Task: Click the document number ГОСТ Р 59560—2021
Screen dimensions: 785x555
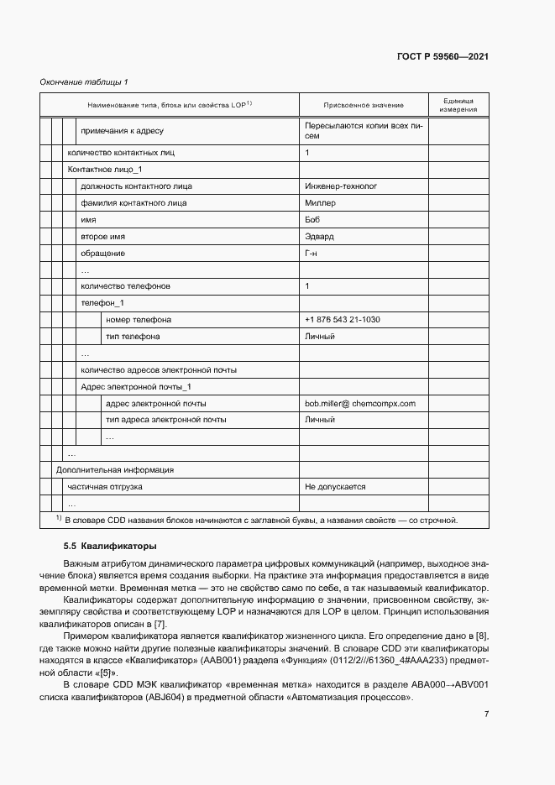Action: (x=442, y=56)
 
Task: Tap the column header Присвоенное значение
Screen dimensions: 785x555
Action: (x=363, y=105)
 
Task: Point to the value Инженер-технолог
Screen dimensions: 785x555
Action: (x=342, y=186)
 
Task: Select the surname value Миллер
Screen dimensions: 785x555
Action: (x=320, y=203)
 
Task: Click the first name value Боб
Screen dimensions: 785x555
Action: (x=313, y=220)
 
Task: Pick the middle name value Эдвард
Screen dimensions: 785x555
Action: (x=320, y=237)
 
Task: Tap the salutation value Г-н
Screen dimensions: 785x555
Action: (x=312, y=254)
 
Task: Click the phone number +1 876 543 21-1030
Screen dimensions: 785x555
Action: (x=343, y=320)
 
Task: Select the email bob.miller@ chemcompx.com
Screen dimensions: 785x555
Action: (x=360, y=404)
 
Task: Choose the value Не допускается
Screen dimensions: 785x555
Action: (x=335, y=487)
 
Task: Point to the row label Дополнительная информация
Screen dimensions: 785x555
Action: (x=114, y=470)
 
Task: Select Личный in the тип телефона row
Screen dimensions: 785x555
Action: (x=320, y=337)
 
